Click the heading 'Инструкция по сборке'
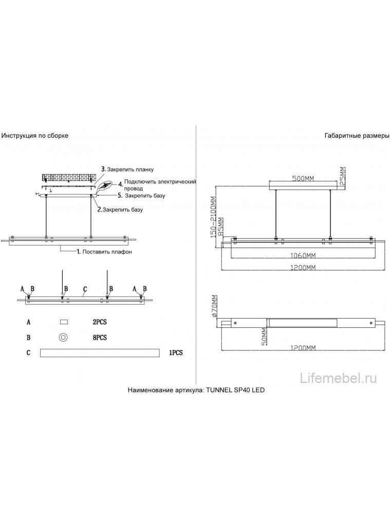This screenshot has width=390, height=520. (x=35, y=136)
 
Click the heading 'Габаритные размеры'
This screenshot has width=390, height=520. (x=357, y=136)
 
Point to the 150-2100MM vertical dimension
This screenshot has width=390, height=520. (x=212, y=216)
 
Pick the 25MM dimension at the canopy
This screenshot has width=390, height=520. (x=343, y=177)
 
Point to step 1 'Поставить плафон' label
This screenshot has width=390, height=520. (x=104, y=252)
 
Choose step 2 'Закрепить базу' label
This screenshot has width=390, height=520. (x=120, y=210)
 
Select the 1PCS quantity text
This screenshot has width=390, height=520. (x=175, y=354)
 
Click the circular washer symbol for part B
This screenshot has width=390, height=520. (x=64, y=338)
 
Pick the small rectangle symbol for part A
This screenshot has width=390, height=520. (x=64, y=322)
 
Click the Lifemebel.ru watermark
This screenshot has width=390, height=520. (x=339, y=379)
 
